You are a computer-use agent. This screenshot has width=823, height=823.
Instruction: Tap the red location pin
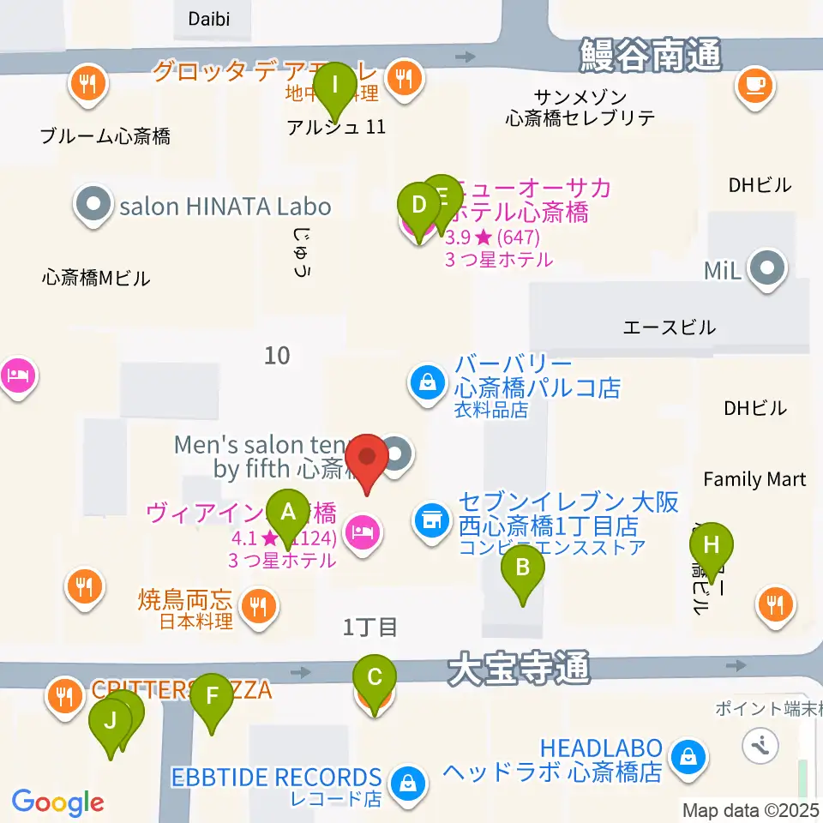point(369,461)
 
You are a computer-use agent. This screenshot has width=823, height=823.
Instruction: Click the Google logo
point(57,802)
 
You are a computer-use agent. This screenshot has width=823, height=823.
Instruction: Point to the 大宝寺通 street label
point(519,667)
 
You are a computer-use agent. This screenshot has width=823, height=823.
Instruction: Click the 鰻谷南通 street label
point(650,56)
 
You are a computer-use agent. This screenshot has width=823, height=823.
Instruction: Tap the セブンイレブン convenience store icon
point(430,519)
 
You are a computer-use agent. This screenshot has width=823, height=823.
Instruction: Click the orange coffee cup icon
point(754,85)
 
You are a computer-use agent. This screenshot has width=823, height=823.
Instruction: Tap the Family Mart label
point(754,479)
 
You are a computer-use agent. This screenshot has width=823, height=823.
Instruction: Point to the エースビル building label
point(669,327)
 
